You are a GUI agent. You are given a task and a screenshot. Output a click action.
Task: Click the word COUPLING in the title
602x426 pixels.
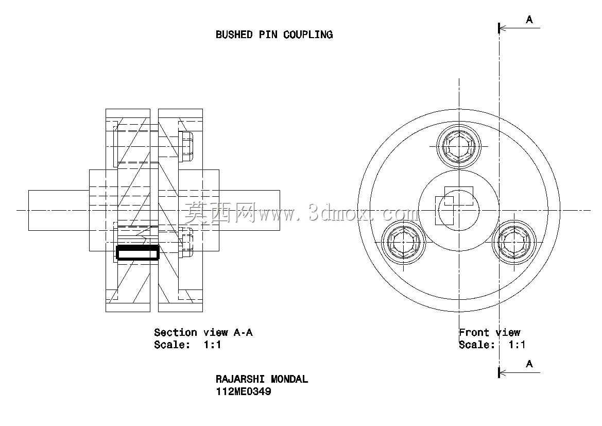click(308, 35)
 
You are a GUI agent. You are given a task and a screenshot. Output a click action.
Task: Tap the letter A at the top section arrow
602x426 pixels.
click(529, 20)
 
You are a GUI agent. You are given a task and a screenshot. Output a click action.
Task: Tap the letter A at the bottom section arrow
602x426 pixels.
click(529, 364)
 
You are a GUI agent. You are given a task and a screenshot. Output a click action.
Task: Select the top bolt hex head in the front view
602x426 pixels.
click(459, 146)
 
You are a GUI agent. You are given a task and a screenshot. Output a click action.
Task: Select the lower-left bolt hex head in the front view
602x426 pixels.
click(404, 243)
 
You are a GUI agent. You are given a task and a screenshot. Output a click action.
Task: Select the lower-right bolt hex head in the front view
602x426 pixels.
click(514, 243)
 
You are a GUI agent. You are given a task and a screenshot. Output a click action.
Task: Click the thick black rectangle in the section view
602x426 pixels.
click(137, 253)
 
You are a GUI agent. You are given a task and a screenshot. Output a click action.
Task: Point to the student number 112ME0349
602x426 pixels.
click(244, 392)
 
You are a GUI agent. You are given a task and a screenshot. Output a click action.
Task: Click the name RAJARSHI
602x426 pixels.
click(240, 380)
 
